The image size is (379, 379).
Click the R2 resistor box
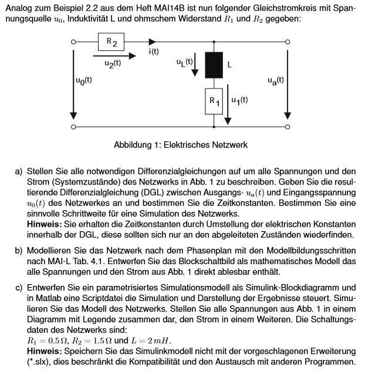tap(110, 42)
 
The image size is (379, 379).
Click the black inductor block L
tap(214, 64)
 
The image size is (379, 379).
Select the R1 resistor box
tap(214, 101)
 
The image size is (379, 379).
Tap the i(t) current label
tap(154, 52)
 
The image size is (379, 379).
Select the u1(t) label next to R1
tap(239, 100)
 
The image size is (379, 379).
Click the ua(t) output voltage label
tap(275, 80)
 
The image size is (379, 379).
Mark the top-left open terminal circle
tap(73, 42)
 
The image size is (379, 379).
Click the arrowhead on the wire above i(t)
tap(153, 42)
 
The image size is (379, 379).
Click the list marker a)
tap(19, 171)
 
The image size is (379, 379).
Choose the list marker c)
tap(19, 287)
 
